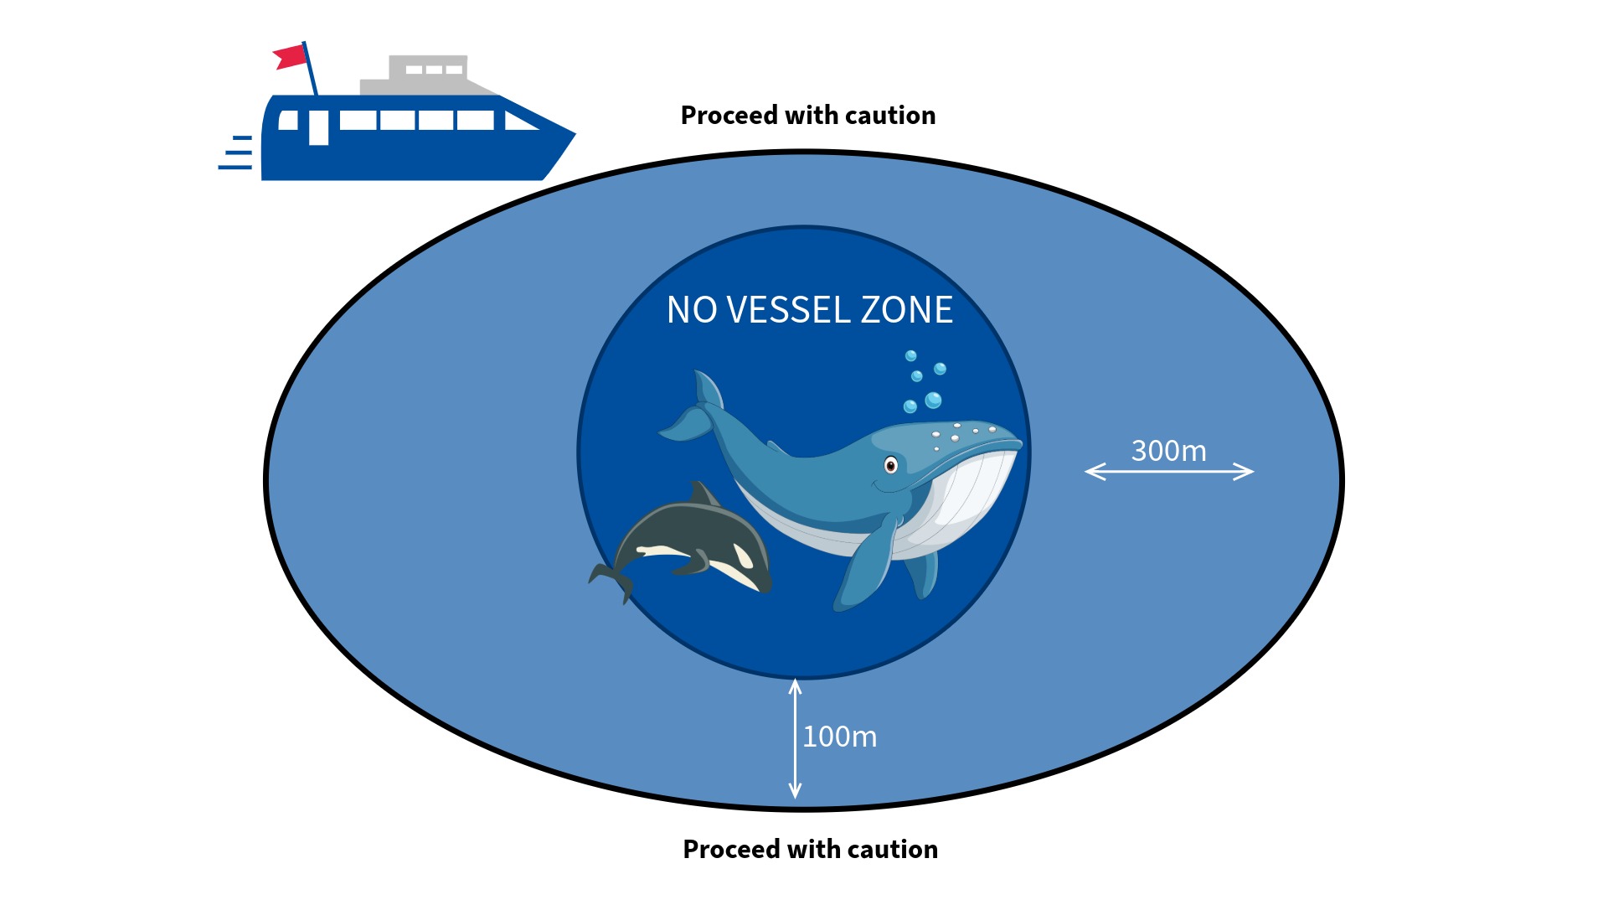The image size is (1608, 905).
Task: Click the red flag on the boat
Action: click(x=291, y=57)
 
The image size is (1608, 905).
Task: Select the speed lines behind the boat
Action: click(x=237, y=153)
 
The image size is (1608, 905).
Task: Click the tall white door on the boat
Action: click(x=318, y=127)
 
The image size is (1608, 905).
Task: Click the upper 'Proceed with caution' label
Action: click(x=807, y=116)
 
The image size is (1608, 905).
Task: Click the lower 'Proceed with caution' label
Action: click(x=810, y=849)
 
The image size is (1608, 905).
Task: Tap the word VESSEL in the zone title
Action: click(x=789, y=310)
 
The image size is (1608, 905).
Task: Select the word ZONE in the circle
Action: click(x=907, y=310)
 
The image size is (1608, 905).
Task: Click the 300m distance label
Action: click(x=1168, y=451)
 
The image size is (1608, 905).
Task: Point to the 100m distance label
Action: click(x=839, y=737)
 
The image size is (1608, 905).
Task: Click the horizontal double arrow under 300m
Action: click(x=1169, y=472)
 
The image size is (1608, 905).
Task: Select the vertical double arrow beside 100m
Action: click(x=795, y=738)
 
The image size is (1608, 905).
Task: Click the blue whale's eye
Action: click(x=891, y=465)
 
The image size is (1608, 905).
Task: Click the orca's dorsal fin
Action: click(x=702, y=494)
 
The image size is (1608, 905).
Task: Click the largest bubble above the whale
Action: click(x=933, y=401)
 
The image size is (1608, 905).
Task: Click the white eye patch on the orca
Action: click(x=743, y=556)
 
